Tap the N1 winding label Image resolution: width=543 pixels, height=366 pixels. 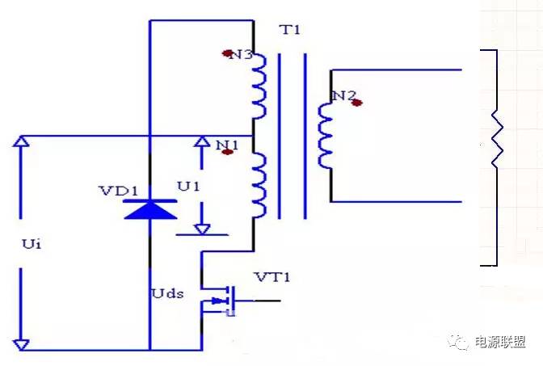pos(227,143)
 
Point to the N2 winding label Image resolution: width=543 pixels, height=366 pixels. pos(344,96)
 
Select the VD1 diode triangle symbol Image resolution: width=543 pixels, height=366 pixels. pos(150,208)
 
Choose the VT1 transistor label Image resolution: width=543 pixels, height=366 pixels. pos(272,278)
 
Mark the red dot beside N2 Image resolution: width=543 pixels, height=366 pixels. pos(356,103)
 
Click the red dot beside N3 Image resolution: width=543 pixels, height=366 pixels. pos(227,54)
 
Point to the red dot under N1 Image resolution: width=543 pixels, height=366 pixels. pos(227,152)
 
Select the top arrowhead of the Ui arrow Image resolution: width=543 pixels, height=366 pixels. pos(21,143)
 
